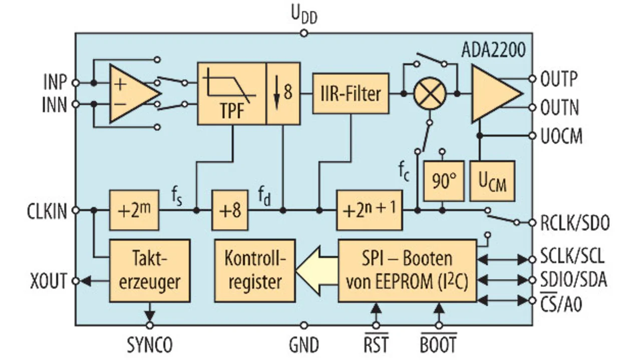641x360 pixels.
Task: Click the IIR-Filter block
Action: pyautogui.click(x=351, y=94)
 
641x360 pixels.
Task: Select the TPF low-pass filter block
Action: pyautogui.click(x=231, y=94)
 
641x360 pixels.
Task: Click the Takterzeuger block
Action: pyautogui.click(x=150, y=270)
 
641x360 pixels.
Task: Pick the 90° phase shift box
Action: pyautogui.click(x=442, y=181)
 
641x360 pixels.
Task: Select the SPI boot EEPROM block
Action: pyautogui.click(x=407, y=270)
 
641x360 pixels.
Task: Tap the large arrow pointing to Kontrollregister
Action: pyautogui.click(x=315, y=271)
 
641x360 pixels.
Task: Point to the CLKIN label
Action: pyautogui.click(x=47, y=211)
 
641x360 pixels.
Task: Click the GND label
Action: pyautogui.click(x=304, y=345)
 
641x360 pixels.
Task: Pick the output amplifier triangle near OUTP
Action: pyautogui.click(x=495, y=94)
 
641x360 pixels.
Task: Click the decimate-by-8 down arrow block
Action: pyautogui.click(x=283, y=94)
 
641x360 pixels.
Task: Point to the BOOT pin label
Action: pyautogui.click(x=438, y=345)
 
